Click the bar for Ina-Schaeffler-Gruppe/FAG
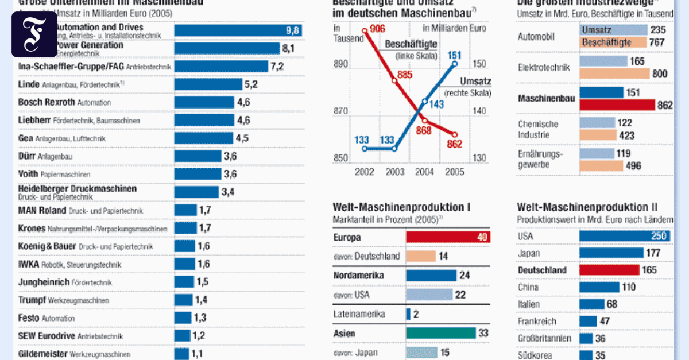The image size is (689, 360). (x=220, y=67)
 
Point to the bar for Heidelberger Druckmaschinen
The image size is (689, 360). (x=196, y=192)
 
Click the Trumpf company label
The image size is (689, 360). (x=31, y=300)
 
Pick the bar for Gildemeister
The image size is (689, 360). (x=182, y=354)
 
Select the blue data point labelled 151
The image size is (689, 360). (x=454, y=63)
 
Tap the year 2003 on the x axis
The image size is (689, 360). (x=395, y=171)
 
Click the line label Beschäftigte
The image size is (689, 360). (x=411, y=44)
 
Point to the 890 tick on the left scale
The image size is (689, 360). (x=340, y=64)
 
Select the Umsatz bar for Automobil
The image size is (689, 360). (x=614, y=30)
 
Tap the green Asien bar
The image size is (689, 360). (x=440, y=333)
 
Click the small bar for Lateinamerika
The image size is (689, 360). (x=408, y=314)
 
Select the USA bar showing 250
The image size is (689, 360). (x=624, y=235)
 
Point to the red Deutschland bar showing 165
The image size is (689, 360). (x=609, y=270)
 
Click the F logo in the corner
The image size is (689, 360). (x=34, y=34)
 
